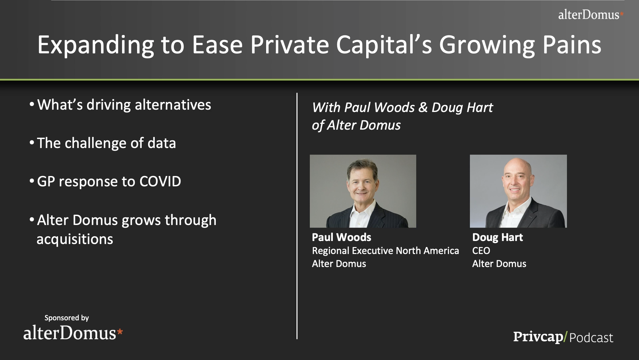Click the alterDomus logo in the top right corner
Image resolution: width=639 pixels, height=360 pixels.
[x=591, y=15]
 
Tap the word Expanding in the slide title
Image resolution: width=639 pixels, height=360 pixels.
[x=96, y=45]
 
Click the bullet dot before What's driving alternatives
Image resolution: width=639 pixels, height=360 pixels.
[x=32, y=105]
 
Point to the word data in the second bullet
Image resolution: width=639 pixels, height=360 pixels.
[x=162, y=143]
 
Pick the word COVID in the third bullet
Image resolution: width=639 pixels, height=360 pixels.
[x=160, y=181]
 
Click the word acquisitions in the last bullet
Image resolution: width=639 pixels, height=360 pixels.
[x=75, y=239]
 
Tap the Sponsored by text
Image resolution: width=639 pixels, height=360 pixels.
[x=67, y=318]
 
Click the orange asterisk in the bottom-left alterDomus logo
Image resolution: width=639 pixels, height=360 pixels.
[x=120, y=332]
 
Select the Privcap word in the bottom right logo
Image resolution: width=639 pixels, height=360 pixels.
[x=538, y=337]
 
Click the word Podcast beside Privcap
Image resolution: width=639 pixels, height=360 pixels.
[x=591, y=338]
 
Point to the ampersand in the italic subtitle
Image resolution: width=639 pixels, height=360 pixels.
[x=423, y=107]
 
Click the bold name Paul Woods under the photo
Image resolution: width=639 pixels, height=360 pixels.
[x=342, y=237]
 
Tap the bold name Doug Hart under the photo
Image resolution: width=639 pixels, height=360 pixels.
[x=498, y=237]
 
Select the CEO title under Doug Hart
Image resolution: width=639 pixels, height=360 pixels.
[x=481, y=251]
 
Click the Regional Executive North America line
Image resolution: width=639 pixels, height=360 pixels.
[x=386, y=251]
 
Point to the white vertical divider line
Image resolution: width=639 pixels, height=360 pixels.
[x=297, y=216]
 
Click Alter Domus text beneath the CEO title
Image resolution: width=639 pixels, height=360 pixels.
[x=499, y=264]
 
